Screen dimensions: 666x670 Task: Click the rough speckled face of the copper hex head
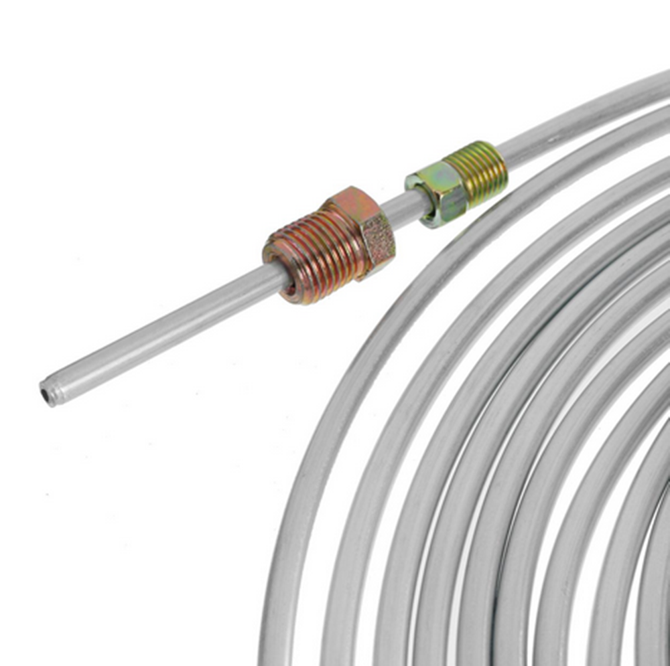pyautogui.click(x=377, y=238)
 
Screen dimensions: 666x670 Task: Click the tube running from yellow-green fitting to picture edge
pyautogui.click(x=583, y=114)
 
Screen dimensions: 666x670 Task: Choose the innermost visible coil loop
pyautogui.click(x=660, y=602)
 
